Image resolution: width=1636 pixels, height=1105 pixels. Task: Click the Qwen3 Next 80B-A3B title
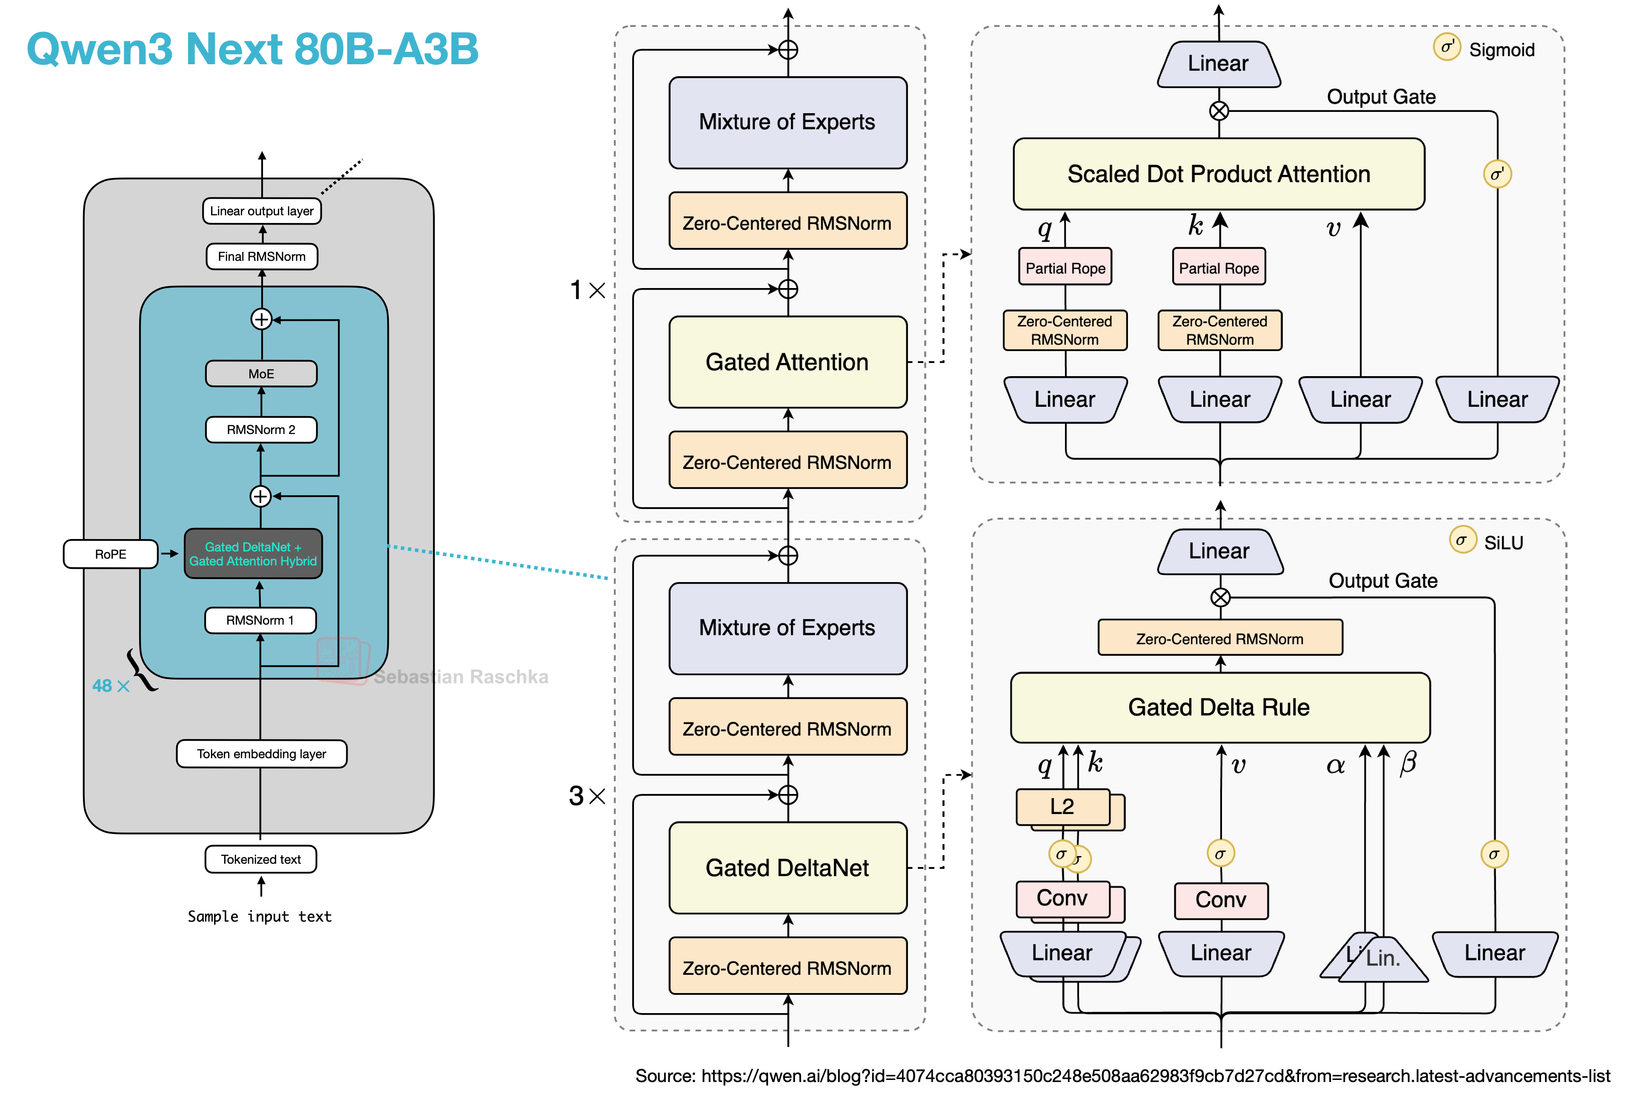252,49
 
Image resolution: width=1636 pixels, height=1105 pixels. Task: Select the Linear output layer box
262,211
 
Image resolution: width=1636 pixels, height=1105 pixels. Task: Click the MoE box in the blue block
261,374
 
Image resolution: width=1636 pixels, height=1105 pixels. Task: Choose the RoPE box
111,554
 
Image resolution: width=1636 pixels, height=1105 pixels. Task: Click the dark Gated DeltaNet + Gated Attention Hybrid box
254,554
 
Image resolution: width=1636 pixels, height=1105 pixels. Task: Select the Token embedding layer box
262,754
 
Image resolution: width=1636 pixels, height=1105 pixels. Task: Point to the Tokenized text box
261,860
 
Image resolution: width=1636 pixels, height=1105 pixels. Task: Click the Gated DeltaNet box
788,868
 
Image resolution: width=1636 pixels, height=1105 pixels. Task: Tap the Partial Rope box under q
1065,268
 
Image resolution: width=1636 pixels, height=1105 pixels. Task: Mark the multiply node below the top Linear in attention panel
1219,111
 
